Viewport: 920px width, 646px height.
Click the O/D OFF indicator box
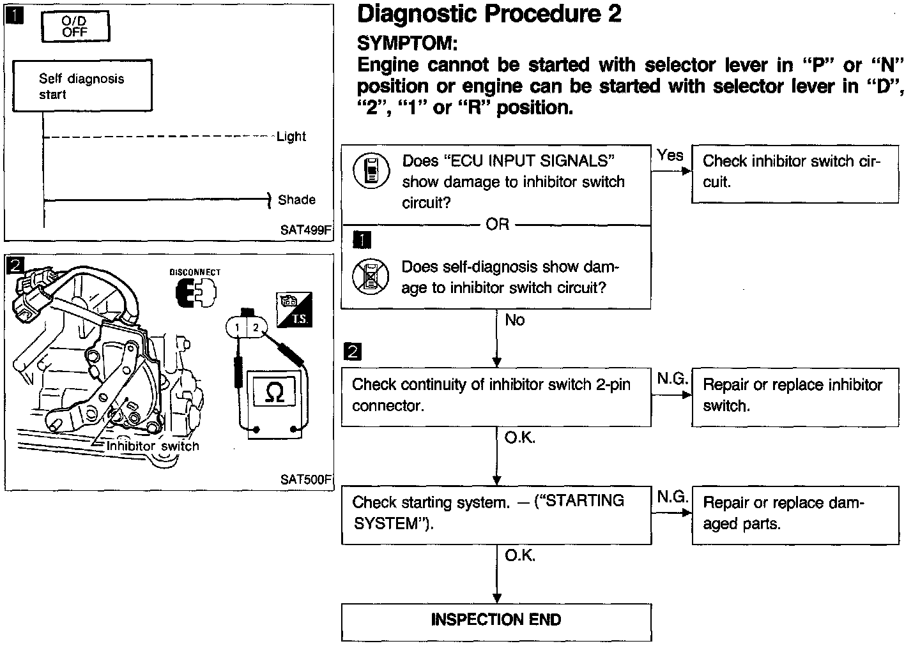75,27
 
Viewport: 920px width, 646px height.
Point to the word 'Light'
291,137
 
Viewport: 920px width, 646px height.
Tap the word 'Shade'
296,200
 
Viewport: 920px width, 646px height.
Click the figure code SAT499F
306,230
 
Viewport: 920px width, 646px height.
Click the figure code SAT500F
306,479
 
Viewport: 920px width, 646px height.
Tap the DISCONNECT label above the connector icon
195,272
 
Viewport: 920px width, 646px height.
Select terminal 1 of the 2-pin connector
237,327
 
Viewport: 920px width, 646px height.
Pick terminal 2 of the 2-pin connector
256,327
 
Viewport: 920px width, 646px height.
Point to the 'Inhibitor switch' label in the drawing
153,446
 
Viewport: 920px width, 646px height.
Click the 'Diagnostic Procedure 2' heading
489,14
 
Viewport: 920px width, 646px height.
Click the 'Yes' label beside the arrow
670,155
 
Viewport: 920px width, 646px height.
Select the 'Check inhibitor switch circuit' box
795,172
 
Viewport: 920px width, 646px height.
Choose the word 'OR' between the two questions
497,225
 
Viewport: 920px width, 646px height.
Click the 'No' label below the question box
514,320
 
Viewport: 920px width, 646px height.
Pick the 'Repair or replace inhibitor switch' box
795,396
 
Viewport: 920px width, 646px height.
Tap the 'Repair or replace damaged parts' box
795,514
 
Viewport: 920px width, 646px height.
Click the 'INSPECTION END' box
496,620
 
